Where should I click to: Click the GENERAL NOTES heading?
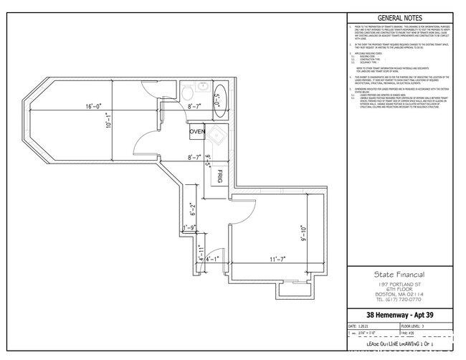coord(399,19)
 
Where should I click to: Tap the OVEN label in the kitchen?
coord(197,132)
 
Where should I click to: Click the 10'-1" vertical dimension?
coord(108,128)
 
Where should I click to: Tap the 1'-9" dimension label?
coord(190,228)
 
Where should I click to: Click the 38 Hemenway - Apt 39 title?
coord(399,315)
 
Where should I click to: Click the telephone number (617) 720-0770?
coord(399,299)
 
